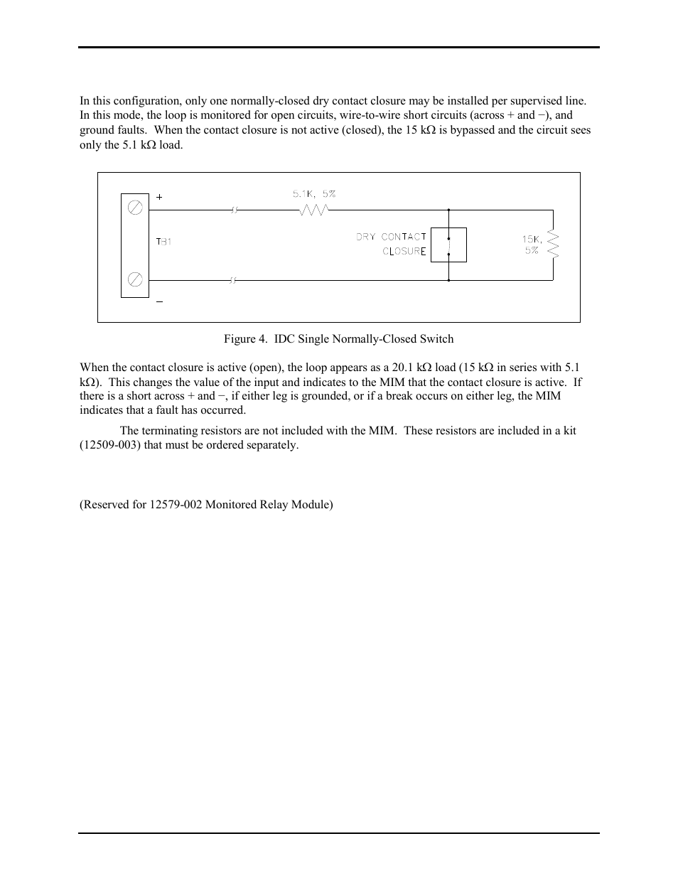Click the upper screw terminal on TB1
(135, 208)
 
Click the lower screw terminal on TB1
(135, 279)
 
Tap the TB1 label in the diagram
(164, 242)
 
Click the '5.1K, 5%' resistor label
(313, 193)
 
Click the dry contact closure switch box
(448, 245)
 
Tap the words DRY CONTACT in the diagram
(391, 237)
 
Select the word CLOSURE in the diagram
(404, 251)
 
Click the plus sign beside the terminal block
(159, 197)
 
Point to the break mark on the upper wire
(233, 210)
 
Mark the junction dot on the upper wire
(448, 210)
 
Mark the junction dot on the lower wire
(448, 280)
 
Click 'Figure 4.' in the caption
(241, 339)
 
